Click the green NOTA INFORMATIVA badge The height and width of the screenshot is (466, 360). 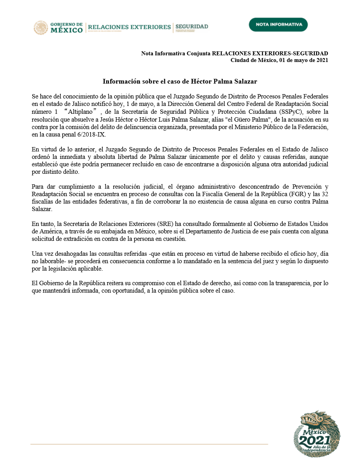coord(278,24)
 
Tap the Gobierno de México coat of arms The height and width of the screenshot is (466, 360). coord(40,27)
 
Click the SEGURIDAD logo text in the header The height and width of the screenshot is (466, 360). coord(192,27)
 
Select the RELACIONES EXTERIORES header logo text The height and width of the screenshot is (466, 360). coord(129,27)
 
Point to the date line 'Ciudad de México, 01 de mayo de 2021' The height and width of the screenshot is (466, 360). coord(279,60)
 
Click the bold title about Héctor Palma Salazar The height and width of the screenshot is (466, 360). coord(180,82)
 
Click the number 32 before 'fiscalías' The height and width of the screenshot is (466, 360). coord(324,194)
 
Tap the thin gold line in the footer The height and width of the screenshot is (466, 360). coord(149,444)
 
